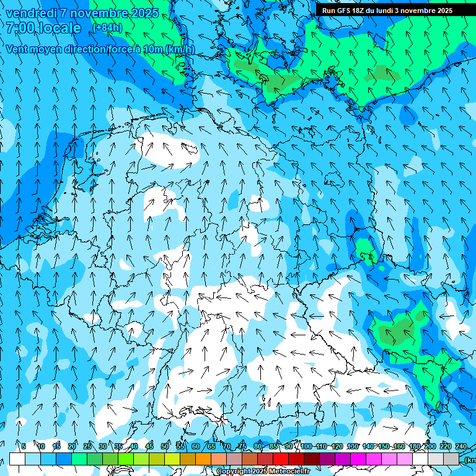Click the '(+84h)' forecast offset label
click(107, 28)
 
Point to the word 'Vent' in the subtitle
click(19, 49)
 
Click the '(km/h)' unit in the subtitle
click(178, 49)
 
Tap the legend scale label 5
click(24, 446)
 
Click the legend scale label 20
click(72, 446)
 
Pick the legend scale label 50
click(165, 446)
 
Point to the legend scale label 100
click(306, 446)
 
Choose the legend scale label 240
click(461, 446)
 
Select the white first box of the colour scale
click(17, 459)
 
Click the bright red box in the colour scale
click(281, 459)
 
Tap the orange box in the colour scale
click(203, 459)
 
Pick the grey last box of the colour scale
click(451, 459)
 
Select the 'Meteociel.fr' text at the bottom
click(289, 472)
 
